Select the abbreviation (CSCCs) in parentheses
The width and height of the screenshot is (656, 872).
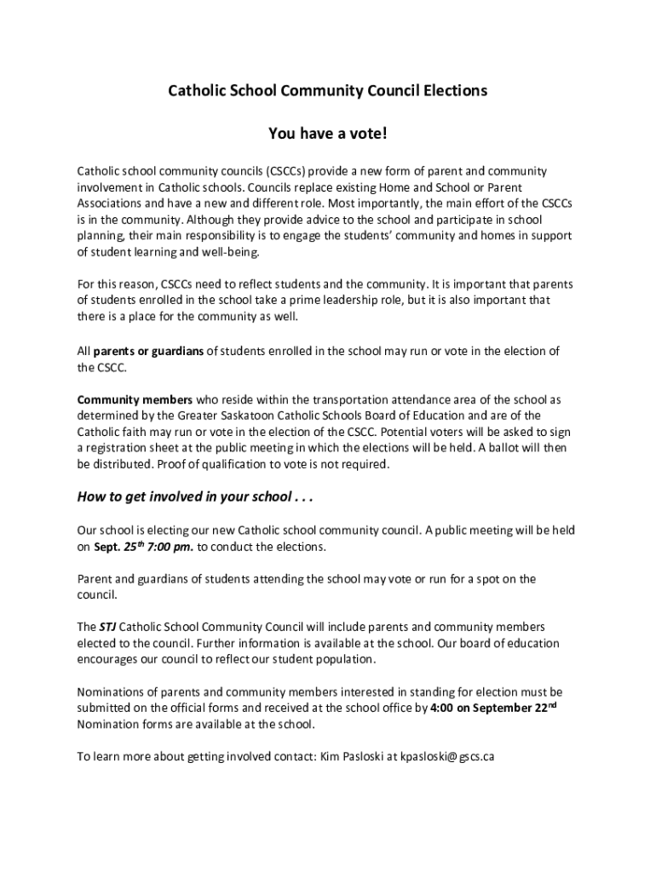pyautogui.click(x=291, y=171)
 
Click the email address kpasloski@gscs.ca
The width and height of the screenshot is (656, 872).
pyautogui.click(x=447, y=756)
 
